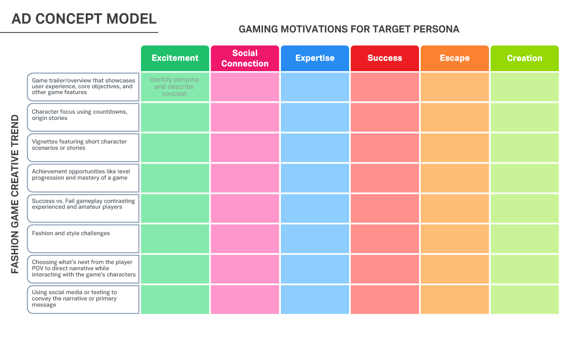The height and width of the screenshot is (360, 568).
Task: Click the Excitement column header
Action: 175,58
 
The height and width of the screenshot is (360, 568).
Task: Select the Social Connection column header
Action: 245,58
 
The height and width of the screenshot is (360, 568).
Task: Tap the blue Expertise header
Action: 315,58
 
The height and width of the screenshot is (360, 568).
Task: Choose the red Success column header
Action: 384,58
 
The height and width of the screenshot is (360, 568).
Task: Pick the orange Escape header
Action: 455,58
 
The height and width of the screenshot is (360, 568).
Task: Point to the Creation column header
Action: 525,58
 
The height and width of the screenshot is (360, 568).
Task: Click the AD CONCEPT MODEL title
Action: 84,19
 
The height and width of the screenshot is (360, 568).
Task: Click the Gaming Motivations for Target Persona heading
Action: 349,29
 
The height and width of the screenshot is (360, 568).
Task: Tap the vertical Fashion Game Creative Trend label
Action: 15,194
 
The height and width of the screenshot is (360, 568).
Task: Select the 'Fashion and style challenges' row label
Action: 83,239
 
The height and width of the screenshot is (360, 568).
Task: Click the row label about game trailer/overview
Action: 83,87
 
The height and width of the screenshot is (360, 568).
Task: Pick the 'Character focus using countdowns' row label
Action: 83,117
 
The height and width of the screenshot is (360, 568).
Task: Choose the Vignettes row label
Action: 83,148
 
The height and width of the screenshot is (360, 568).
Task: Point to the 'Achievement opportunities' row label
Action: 83,178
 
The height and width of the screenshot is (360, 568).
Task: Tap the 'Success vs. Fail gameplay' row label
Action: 83,208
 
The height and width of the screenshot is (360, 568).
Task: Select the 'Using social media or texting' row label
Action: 83,300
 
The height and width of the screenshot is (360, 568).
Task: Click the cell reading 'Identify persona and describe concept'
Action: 175,87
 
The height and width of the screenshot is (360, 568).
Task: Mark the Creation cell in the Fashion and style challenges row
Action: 525,239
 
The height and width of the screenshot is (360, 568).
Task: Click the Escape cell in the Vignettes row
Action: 455,148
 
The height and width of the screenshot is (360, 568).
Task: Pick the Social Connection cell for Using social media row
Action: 245,300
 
